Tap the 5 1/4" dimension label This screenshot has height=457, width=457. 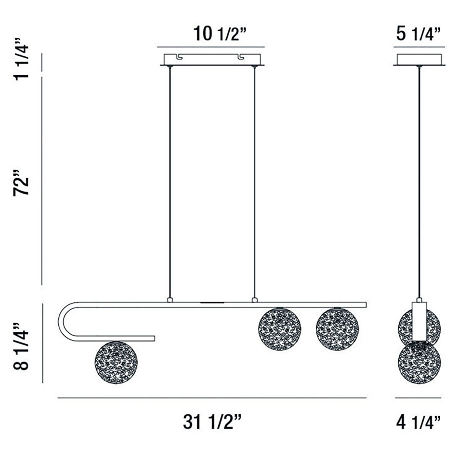[x=419, y=34]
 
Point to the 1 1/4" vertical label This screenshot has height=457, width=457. [x=22, y=58]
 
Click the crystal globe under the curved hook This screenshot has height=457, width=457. [x=115, y=363]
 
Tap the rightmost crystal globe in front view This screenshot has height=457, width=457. [x=337, y=328]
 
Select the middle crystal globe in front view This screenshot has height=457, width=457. [x=280, y=328]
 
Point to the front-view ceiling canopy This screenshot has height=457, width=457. [x=212, y=60]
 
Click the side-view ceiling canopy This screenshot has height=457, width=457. [x=419, y=60]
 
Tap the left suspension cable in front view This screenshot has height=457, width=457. [x=170, y=183]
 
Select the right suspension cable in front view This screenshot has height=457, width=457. [x=254, y=183]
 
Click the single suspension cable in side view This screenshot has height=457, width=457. [x=419, y=183]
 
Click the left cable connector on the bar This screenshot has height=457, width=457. [x=170, y=300]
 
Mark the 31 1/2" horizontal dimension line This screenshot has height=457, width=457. [x=212, y=398]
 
